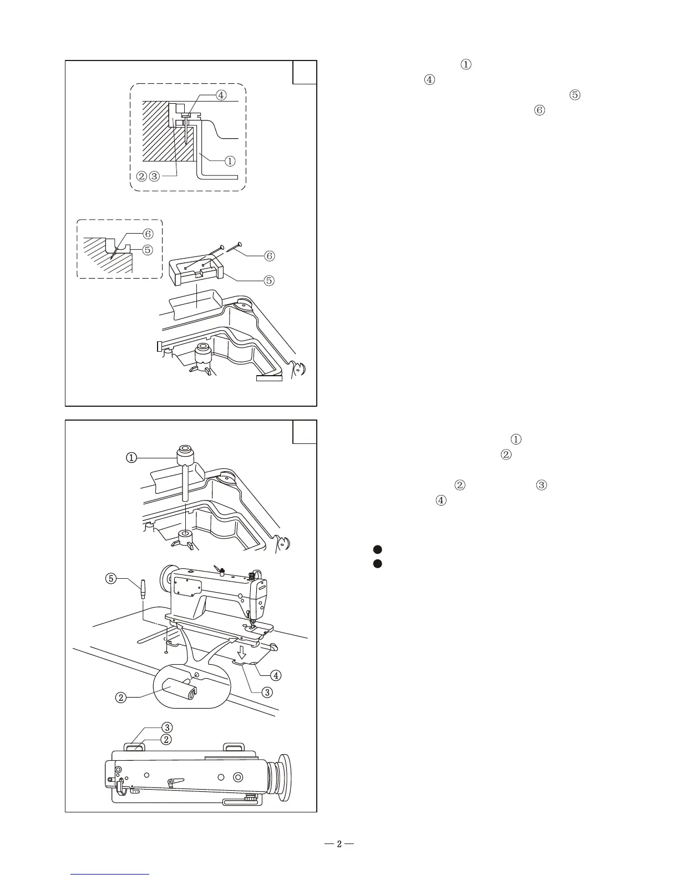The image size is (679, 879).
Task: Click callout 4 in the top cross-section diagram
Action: [x=221, y=95]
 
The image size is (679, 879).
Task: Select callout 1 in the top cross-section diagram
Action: [x=229, y=161]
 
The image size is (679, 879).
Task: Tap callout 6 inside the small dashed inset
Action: [x=148, y=234]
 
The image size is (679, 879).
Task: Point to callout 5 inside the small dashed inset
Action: [x=148, y=250]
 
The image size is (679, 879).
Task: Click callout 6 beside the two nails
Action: [x=269, y=256]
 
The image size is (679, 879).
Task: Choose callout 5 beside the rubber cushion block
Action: [x=269, y=280]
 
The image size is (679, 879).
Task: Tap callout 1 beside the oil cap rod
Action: [x=131, y=458]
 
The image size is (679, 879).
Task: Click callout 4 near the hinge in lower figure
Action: [x=276, y=675]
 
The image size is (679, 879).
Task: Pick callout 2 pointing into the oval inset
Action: [x=120, y=698]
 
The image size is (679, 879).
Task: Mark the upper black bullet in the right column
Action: [x=377, y=549]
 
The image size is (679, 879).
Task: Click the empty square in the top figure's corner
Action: [x=305, y=72]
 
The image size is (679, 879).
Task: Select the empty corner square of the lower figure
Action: [x=305, y=432]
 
